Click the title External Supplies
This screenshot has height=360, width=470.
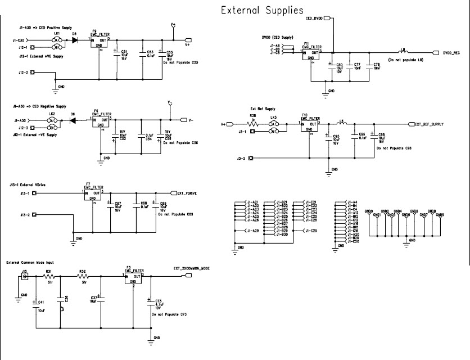coord(262,10)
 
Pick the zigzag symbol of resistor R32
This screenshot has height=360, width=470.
coord(83,276)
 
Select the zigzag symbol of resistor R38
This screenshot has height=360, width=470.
coord(253,124)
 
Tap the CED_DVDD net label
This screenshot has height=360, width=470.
coord(314,19)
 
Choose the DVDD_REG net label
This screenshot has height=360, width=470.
coord(451,53)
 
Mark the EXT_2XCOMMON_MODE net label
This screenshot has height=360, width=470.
coord(192,268)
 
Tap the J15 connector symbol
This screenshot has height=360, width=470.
coord(24,277)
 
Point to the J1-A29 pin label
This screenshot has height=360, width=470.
coord(252,231)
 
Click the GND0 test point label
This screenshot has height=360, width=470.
coord(369,211)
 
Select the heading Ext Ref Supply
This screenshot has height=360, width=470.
coord(262,108)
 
